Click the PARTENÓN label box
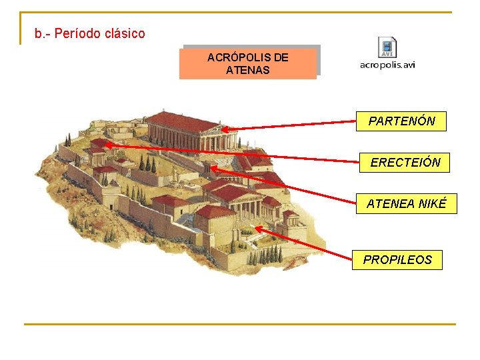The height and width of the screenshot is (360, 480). coord(401,121)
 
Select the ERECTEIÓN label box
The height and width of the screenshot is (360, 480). coord(405,163)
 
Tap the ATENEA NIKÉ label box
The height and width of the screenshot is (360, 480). coord(406,204)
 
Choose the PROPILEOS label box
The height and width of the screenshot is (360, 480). coord(397,260)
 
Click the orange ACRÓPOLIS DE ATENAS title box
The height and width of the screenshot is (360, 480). coord(248,63)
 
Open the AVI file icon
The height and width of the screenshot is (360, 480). coord(387,47)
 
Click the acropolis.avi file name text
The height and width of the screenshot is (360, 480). coord(387,65)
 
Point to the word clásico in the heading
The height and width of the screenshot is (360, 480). coord(123,33)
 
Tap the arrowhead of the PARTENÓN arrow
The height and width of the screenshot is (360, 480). coord(225,130)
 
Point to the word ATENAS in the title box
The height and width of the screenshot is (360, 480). coord(248,69)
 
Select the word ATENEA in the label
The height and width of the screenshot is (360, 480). coord(391,204)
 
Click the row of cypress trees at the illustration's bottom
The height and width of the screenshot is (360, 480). coord(270,255)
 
